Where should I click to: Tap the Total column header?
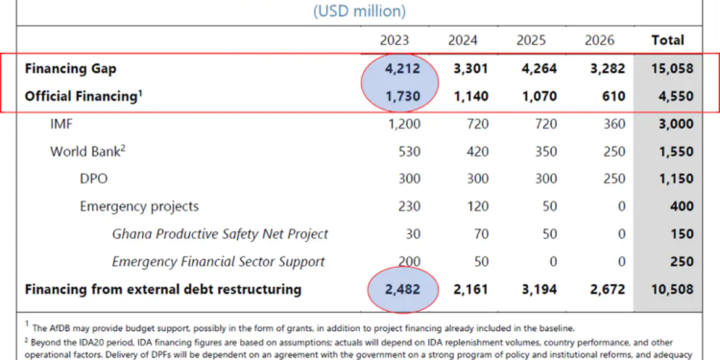coord(668,40)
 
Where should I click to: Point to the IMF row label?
coord(65,124)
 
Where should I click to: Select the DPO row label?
coord(95,179)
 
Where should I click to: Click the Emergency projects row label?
coord(139,206)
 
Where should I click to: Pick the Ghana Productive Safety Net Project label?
coord(220,233)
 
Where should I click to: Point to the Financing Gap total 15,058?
coord(668,69)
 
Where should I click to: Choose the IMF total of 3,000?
coord(668,124)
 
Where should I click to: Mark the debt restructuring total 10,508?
coord(668,289)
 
